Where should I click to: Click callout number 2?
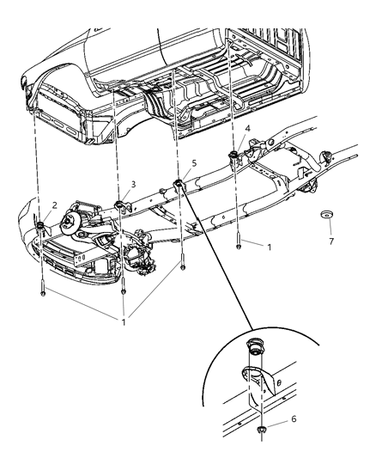54,205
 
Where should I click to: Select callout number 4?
247,129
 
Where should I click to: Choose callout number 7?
331,242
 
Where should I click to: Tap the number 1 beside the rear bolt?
269,247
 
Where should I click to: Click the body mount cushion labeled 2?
40,226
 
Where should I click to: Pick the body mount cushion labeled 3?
119,205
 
